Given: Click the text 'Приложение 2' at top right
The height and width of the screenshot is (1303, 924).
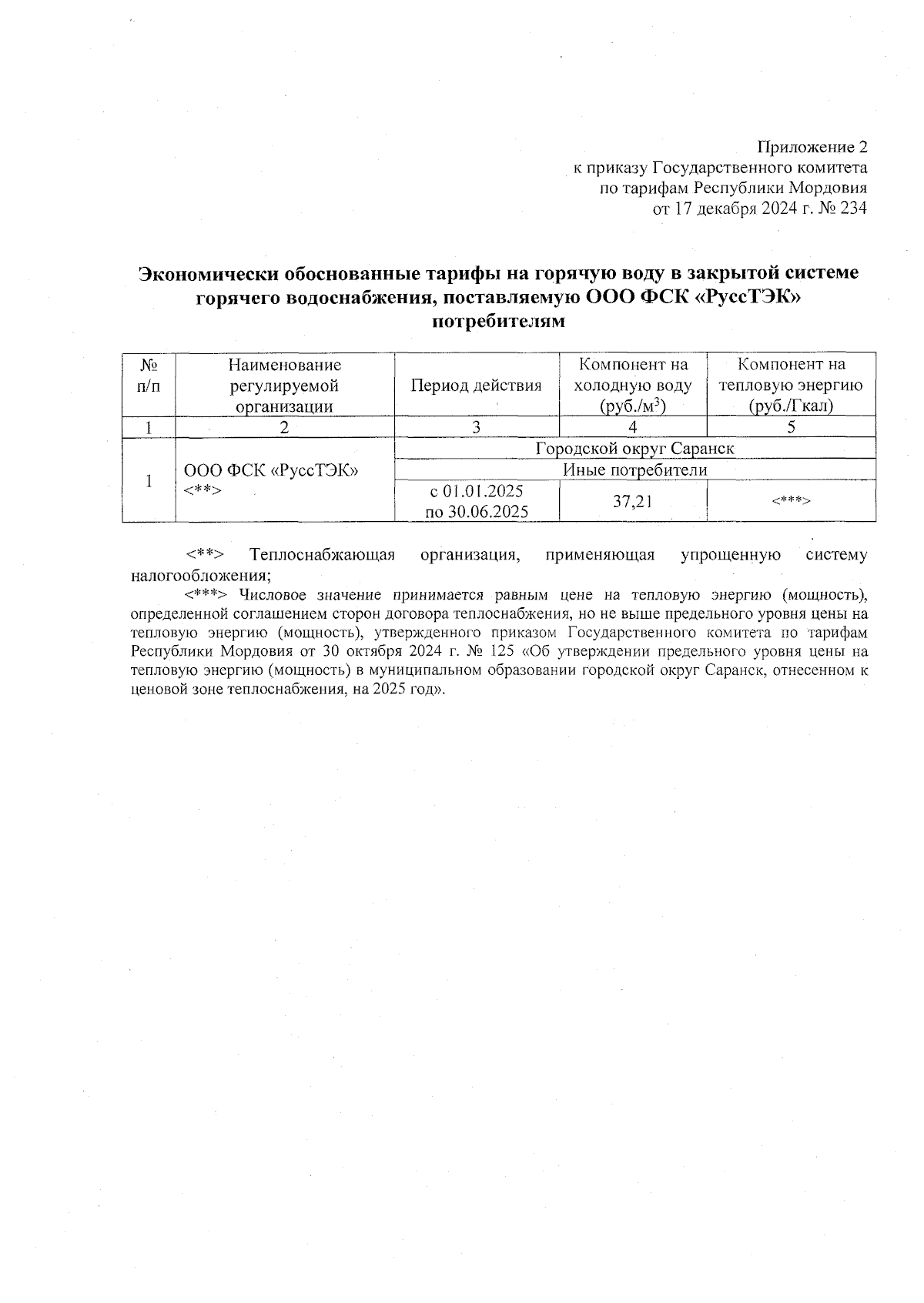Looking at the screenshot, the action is [x=813, y=147].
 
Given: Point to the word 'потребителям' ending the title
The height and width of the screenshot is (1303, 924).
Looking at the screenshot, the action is [x=498, y=322].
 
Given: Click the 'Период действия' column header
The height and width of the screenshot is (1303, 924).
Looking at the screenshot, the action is [x=476, y=386].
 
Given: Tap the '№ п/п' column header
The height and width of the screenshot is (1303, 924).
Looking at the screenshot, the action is [x=149, y=375].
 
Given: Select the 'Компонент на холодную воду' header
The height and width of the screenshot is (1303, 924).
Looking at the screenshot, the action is [x=633, y=385].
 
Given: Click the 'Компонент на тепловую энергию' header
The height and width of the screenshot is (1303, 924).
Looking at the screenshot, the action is [x=791, y=385].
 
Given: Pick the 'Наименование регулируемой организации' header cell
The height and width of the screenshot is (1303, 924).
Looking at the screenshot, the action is [x=284, y=385].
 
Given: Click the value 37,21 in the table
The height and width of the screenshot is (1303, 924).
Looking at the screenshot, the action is [x=633, y=502].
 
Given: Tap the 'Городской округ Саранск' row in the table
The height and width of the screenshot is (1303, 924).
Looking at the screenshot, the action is [x=634, y=448].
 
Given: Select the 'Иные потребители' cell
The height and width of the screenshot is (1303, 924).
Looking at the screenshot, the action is [x=634, y=469].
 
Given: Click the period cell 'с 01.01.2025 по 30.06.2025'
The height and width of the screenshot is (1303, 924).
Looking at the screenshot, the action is [x=476, y=501].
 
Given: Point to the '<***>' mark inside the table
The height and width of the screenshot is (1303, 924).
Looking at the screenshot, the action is [x=791, y=502].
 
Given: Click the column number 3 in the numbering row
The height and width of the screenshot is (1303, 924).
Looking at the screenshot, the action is [x=476, y=427].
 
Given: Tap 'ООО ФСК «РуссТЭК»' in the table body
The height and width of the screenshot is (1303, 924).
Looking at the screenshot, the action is [x=271, y=470].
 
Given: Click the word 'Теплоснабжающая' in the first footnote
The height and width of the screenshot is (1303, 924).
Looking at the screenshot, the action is [x=322, y=555].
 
